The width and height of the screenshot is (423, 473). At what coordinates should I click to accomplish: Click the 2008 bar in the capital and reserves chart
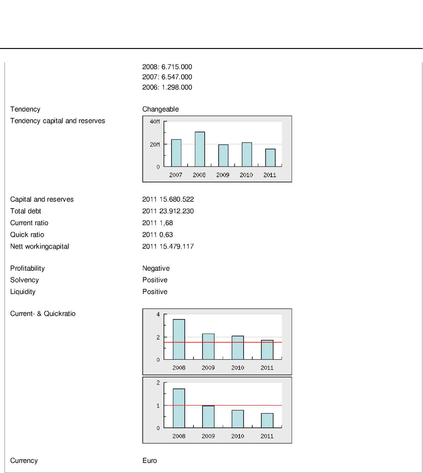(x=200, y=149)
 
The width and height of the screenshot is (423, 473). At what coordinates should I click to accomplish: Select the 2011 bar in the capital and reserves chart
(x=270, y=158)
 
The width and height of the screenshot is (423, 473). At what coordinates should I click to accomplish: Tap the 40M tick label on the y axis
(x=155, y=122)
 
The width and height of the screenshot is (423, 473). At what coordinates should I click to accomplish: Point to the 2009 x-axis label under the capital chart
(x=223, y=175)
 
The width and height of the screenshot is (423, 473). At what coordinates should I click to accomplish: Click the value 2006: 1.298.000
(x=167, y=87)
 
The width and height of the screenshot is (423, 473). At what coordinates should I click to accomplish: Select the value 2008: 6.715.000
(x=167, y=67)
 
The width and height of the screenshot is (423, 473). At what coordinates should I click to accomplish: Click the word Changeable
(x=160, y=109)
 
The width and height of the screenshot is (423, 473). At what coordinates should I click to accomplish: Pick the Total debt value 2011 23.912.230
(x=168, y=211)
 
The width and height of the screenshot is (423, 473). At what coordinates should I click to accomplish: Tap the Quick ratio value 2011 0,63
(x=158, y=235)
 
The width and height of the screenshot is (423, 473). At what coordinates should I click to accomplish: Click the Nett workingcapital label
(x=40, y=246)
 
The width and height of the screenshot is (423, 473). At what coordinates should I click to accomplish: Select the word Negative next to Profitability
(x=156, y=268)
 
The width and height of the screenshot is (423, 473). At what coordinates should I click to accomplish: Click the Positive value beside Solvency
(x=155, y=280)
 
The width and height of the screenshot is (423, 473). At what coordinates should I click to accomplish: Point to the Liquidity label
(x=23, y=292)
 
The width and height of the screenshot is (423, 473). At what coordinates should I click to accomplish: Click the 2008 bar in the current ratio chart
(x=179, y=339)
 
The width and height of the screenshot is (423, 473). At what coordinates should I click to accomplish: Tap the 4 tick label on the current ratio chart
(x=158, y=314)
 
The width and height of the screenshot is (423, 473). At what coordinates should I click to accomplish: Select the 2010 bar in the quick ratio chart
(x=238, y=419)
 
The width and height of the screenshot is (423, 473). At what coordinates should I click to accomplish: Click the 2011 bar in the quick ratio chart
(x=267, y=421)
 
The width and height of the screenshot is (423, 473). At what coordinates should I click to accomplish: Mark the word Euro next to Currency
(x=150, y=461)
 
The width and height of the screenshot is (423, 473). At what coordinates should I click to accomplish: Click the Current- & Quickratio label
(x=43, y=314)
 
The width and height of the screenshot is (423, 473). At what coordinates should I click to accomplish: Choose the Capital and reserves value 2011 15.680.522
(x=168, y=199)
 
